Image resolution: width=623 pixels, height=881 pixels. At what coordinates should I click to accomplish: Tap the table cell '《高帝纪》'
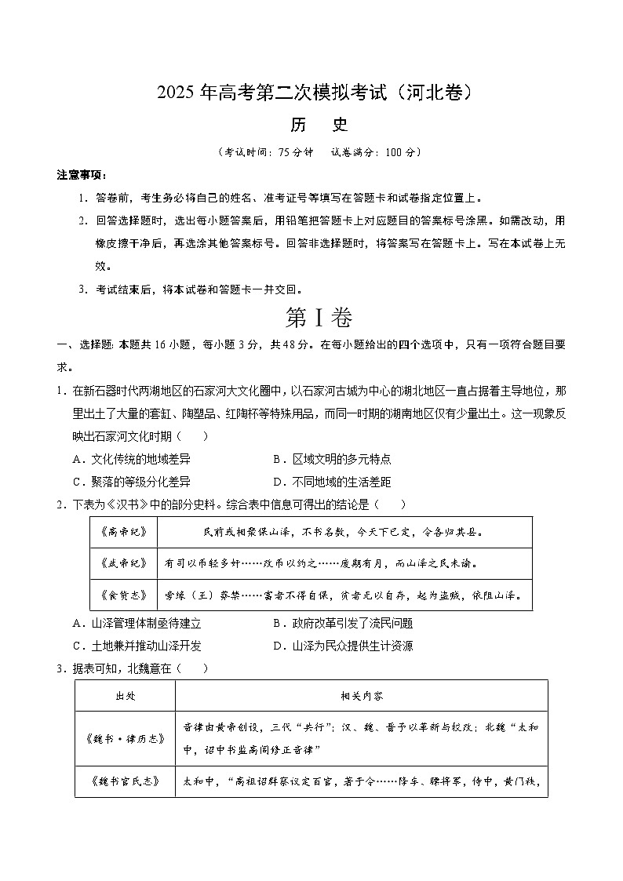pos(124,532)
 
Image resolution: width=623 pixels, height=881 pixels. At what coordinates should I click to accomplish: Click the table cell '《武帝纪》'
pos(124,562)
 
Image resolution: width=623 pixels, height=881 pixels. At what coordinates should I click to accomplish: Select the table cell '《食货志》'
pos(124,594)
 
